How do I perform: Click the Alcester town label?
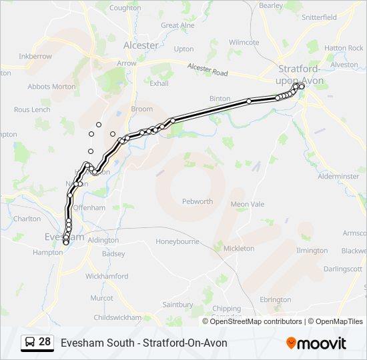(141, 45)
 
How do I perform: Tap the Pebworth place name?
(198, 201)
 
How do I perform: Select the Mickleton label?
(239, 248)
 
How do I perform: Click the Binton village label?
(220, 99)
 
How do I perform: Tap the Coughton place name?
(125, 8)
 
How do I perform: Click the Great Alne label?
(178, 26)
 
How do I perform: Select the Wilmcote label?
(244, 43)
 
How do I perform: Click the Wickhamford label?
(107, 275)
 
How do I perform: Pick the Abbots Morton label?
(51, 87)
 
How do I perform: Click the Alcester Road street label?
(207, 69)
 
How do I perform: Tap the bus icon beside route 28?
(30, 343)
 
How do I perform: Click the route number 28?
(45, 342)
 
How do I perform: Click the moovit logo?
(316, 343)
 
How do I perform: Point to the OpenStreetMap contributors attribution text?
(256, 321)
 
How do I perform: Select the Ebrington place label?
(276, 300)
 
